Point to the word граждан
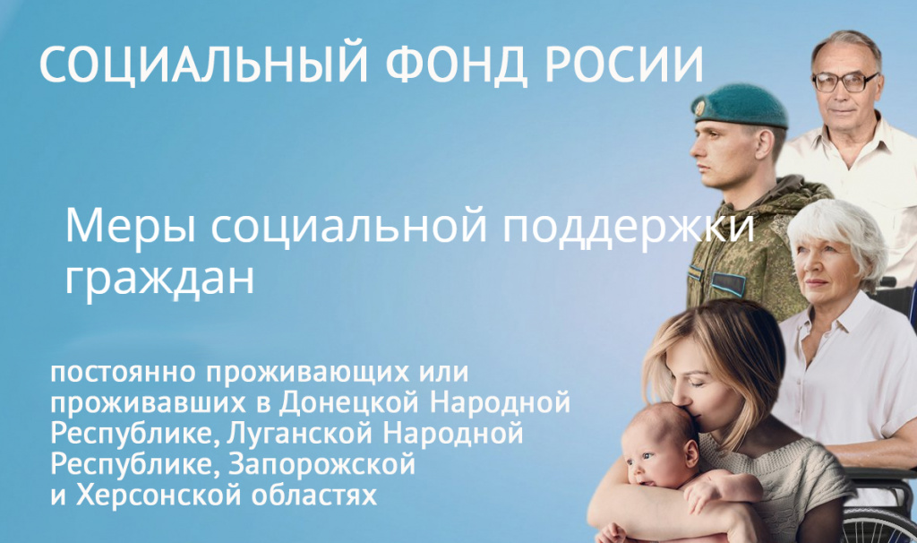point(159,279)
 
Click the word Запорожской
point(322,463)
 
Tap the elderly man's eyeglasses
point(844,82)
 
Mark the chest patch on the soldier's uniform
point(727,283)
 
